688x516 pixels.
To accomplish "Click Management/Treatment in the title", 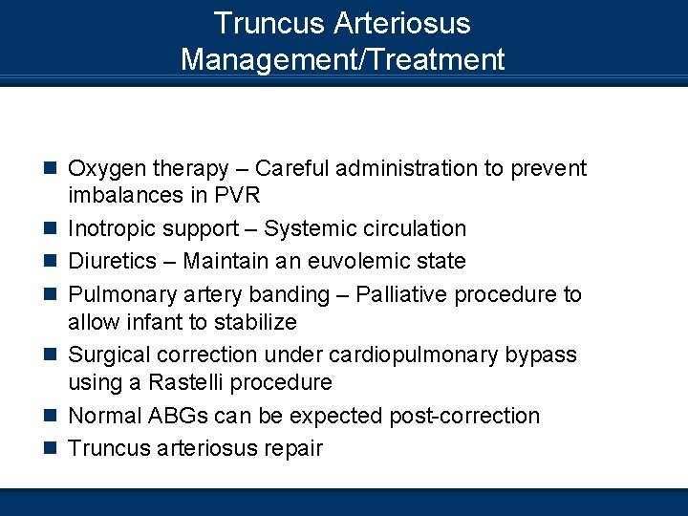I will coord(342,59).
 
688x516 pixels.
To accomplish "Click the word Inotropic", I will coord(113,229).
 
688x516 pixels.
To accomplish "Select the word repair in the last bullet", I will coord(290,447).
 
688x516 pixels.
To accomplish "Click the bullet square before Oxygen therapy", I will coord(53,170).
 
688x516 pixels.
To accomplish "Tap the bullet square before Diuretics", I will coord(53,262).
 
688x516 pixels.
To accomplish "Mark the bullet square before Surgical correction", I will coord(53,355).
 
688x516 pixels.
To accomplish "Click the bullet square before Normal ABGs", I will coord(53,417).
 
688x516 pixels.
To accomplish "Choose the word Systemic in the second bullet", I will coord(307,229).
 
